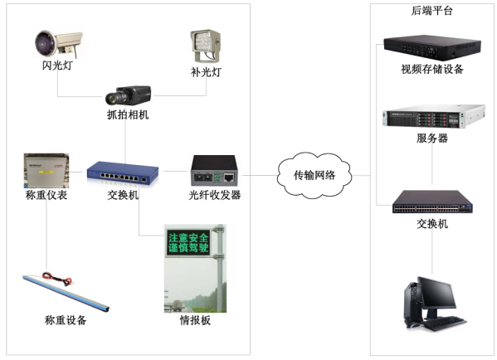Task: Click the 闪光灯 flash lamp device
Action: click(59, 43)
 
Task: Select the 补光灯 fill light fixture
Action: click(206, 46)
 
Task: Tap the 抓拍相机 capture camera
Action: click(128, 95)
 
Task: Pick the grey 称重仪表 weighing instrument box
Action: click(46, 171)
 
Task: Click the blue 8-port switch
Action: click(123, 173)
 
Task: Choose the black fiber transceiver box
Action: click(214, 170)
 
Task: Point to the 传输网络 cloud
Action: click(314, 175)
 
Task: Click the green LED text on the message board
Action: click(188, 243)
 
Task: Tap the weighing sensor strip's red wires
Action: click(58, 279)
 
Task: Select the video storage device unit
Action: click(432, 47)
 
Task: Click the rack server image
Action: click(434, 117)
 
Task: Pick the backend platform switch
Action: click(432, 202)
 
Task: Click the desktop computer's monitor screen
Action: click(436, 292)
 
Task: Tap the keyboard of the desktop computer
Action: click(445, 324)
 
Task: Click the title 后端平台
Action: click(431, 11)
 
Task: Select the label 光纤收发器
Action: click(215, 195)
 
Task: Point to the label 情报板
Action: click(195, 320)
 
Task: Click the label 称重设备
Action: click(66, 320)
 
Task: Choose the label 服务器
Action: click(432, 139)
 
